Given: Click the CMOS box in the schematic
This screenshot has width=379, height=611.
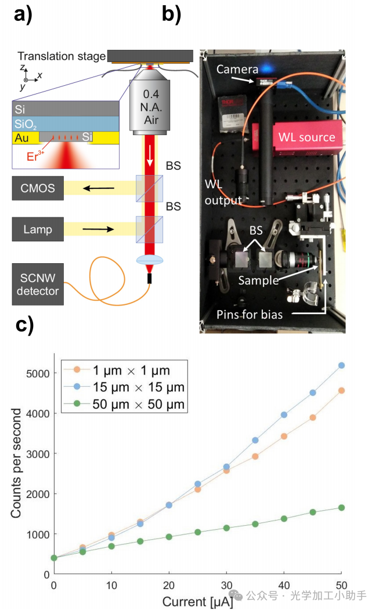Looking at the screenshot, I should [37, 189].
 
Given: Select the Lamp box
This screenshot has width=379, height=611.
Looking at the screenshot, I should [37, 230].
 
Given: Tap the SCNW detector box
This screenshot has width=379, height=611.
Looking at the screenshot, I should [37, 284].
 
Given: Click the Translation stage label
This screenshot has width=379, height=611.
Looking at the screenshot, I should [61, 56].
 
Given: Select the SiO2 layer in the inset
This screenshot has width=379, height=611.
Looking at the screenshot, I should [65, 123].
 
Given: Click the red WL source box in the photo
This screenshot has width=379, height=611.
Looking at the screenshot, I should [306, 137].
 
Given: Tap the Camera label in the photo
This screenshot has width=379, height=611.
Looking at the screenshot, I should [237, 70].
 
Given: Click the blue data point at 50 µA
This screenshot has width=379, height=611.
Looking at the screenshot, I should [341, 365].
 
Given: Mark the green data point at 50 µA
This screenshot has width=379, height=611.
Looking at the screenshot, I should [341, 508].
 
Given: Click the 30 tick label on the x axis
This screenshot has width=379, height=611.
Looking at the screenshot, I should [226, 585].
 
